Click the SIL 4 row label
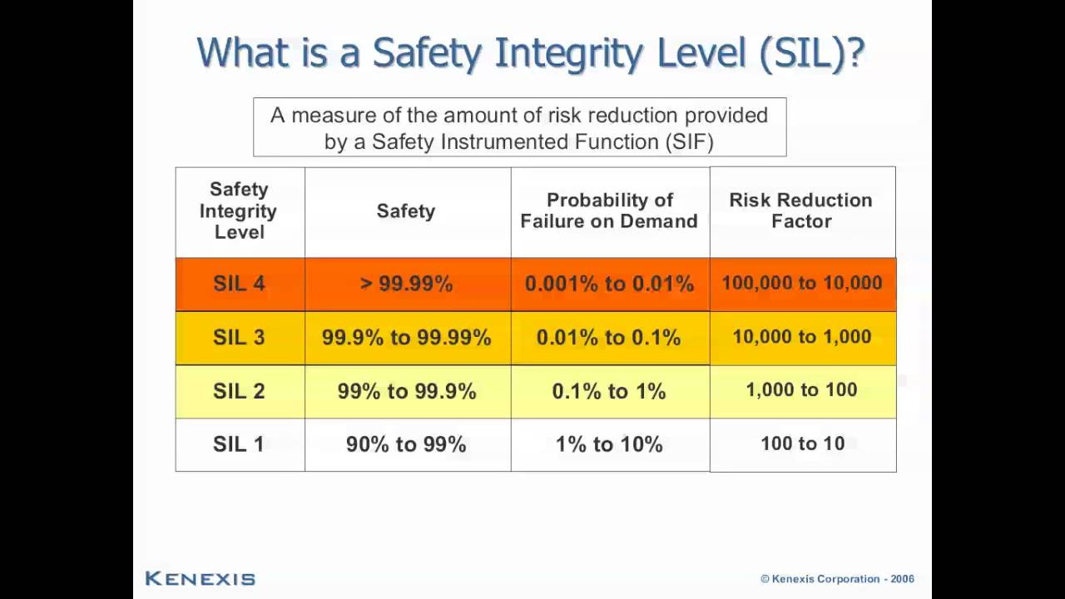[x=239, y=284]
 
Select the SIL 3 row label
[x=239, y=338]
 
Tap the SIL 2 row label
[x=239, y=391]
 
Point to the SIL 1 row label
[x=239, y=444]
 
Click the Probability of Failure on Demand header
[x=609, y=210]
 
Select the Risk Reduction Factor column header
[x=801, y=210]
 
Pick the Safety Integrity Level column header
[x=239, y=210]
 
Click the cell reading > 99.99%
[x=406, y=284]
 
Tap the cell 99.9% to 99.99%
[x=406, y=338]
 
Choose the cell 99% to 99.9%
[x=406, y=391]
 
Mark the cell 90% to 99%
[x=406, y=444]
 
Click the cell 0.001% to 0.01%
[x=609, y=284]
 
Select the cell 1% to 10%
[x=609, y=444]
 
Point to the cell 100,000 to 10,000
[x=801, y=283]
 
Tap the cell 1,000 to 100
[x=801, y=390]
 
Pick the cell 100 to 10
[x=802, y=443]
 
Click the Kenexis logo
[x=200, y=578]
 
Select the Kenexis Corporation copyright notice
[x=837, y=579]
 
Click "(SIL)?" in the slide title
[x=812, y=53]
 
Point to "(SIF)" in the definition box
[x=689, y=141]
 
